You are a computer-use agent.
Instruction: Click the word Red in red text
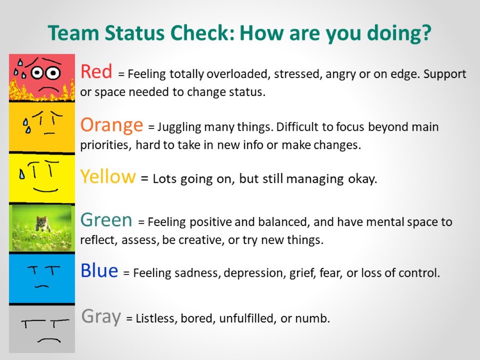click(96, 71)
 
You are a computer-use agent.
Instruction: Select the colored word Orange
click(112, 125)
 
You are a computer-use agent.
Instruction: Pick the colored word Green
click(106, 219)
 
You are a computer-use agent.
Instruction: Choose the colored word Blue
click(99, 271)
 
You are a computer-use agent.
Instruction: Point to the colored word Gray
click(101, 317)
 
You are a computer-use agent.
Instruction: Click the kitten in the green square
click(42, 223)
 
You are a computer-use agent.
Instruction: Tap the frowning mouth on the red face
click(49, 90)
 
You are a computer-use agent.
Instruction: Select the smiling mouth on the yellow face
click(46, 190)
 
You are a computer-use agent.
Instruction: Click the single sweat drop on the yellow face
click(21, 175)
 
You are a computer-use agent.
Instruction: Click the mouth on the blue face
click(42, 286)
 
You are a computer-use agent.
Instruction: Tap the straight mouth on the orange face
click(49, 133)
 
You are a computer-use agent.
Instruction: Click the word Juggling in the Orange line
click(179, 127)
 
